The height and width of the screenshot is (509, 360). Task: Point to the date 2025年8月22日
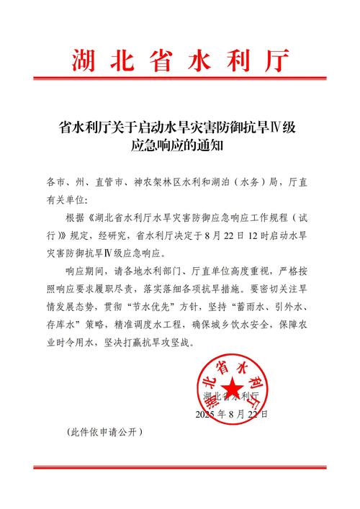(230, 415)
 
